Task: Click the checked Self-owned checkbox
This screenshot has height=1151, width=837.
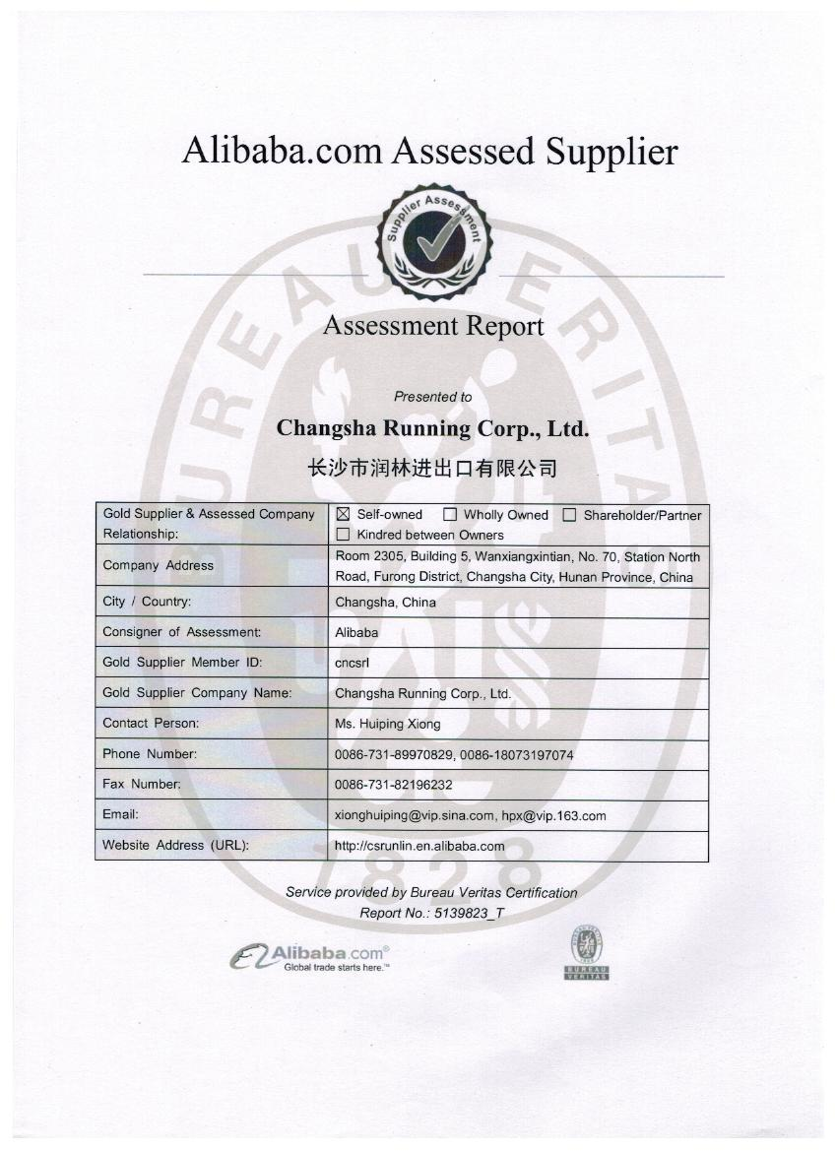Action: tap(343, 514)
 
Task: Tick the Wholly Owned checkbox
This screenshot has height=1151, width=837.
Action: tap(450, 514)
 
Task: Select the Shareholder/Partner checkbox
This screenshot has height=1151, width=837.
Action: tap(569, 514)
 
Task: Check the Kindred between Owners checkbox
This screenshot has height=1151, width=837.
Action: tap(343, 535)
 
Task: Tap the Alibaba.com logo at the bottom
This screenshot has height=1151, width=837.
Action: tap(310, 957)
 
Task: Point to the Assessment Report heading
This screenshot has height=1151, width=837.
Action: tap(432, 326)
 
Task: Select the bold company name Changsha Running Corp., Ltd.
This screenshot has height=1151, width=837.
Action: tap(432, 428)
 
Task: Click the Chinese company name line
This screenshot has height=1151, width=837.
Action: tap(432, 468)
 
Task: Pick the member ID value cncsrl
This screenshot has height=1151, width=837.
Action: tap(352, 663)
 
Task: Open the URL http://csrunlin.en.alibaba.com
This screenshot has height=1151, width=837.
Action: tap(419, 846)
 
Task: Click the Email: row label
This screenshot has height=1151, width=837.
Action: tap(120, 814)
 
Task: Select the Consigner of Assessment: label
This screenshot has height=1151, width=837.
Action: tap(182, 632)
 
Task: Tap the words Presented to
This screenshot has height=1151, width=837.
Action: tap(432, 397)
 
